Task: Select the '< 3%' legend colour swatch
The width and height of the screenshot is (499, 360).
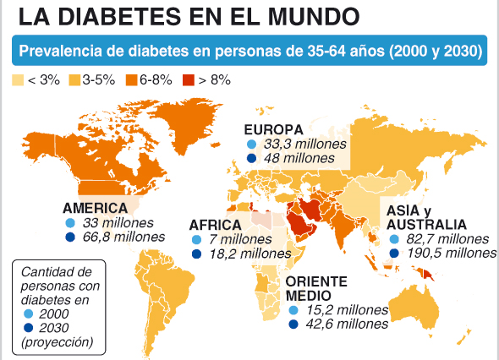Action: [x=19, y=80]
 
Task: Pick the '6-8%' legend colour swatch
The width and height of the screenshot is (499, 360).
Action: [x=132, y=80]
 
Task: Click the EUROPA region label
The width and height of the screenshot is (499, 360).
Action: [x=272, y=129]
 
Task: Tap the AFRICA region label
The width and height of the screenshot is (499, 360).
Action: [x=215, y=225]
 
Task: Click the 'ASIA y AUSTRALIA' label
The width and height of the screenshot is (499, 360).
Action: [x=425, y=217]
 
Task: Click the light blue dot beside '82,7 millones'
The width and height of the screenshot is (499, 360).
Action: [x=394, y=239]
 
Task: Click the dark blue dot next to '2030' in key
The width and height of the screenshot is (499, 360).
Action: [x=30, y=328]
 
